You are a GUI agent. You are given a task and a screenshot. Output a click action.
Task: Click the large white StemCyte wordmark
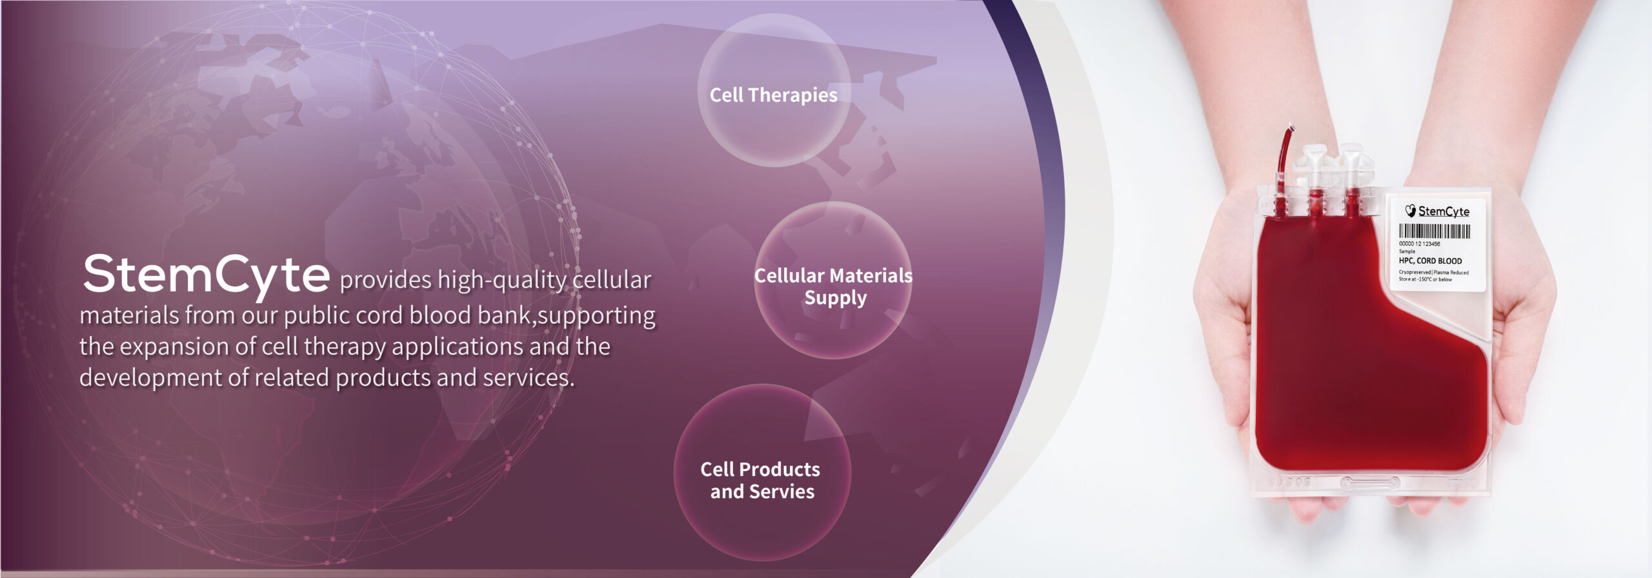(206, 275)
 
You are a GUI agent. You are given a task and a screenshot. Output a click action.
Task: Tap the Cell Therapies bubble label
(773, 95)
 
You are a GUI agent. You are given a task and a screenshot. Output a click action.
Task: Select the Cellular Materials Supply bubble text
(834, 286)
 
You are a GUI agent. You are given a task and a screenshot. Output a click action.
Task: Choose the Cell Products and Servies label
(761, 480)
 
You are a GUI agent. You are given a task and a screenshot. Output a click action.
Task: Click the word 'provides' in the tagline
(386, 280)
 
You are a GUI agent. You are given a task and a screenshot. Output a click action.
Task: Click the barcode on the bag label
(1435, 231)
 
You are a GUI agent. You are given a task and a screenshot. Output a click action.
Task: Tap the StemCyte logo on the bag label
(1437, 211)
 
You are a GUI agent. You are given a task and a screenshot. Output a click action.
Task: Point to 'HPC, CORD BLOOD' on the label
(1430, 261)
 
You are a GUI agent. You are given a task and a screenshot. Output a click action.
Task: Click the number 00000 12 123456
(1419, 244)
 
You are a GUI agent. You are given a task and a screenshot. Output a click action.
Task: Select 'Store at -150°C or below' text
(1425, 279)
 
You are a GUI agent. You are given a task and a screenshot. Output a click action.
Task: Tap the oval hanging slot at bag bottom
(1370, 482)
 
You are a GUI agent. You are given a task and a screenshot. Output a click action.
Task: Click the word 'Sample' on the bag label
(1407, 251)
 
